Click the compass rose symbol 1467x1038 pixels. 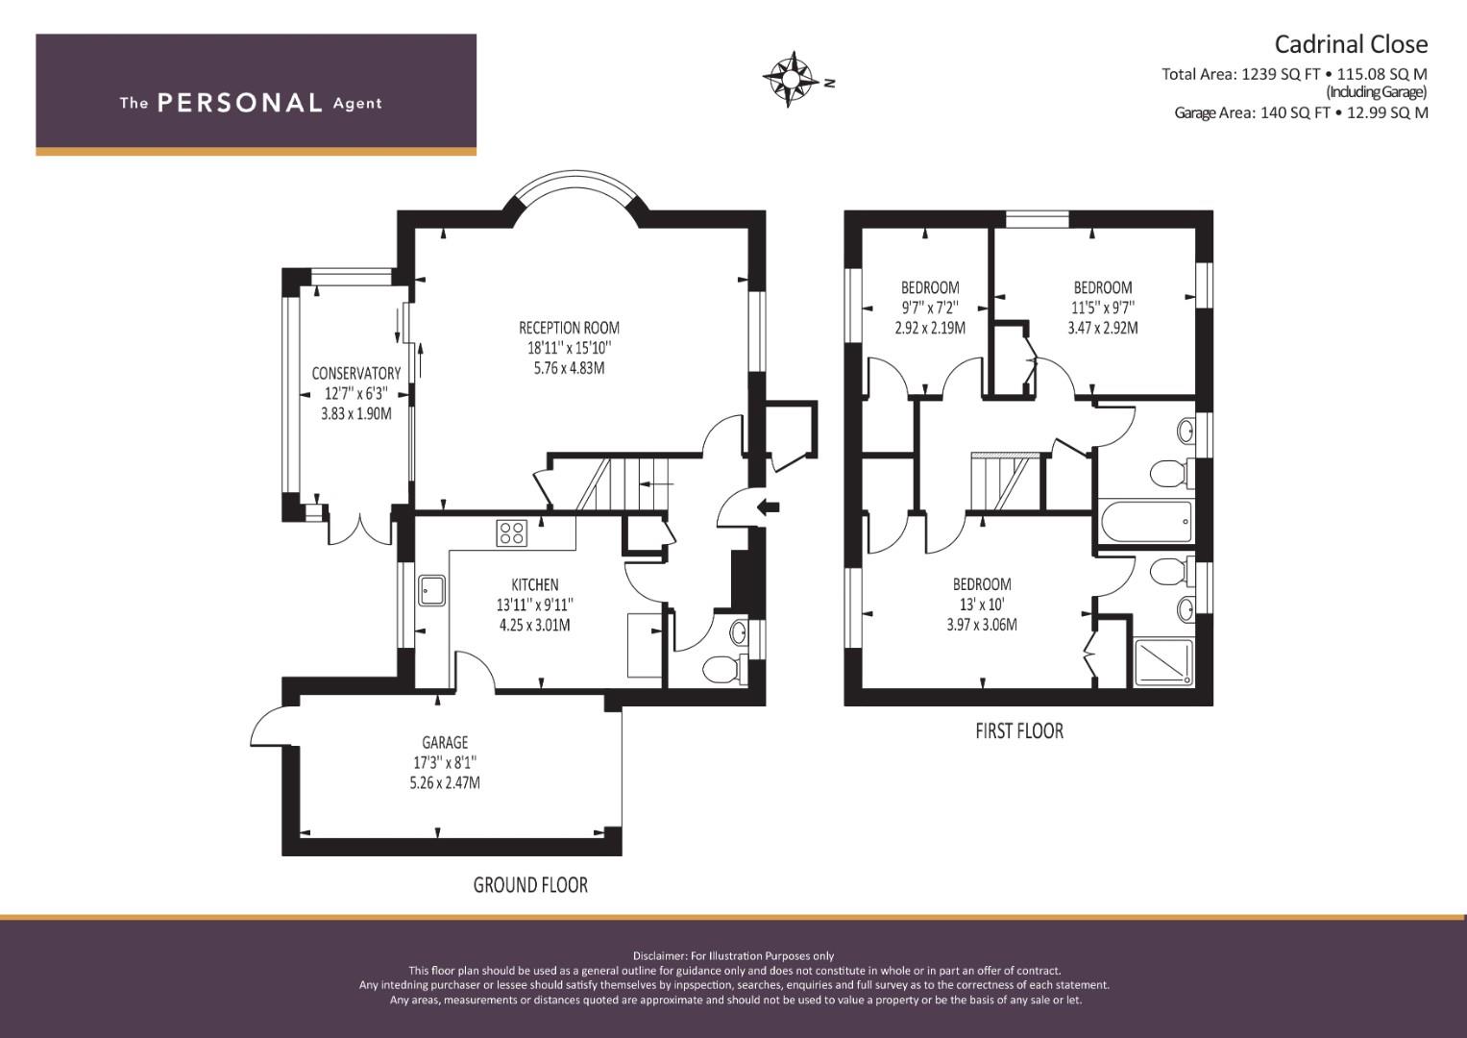[x=791, y=79]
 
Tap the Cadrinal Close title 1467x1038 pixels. [x=1351, y=44]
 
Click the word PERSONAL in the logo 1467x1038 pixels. [x=240, y=103]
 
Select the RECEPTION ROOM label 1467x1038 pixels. [x=569, y=328]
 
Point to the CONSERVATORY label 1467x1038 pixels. [x=355, y=374]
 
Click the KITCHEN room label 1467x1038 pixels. [x=534, y=584]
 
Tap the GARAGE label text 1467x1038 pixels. [x=445, y=742]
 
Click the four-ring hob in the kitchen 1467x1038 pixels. [x=511, y=532]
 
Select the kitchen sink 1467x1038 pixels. [x=431, y=590]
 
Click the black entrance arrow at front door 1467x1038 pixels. [x=768, y=507]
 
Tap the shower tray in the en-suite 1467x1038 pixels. [x=1163, y=662]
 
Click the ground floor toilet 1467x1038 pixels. [x=724, y=668]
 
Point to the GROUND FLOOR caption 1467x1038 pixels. [x=530, y=885]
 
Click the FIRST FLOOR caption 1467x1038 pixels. [x=1019, y=730]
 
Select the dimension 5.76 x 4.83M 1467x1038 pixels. [x=569, y=368]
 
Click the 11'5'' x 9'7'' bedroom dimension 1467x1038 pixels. [x=1103, y=308]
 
